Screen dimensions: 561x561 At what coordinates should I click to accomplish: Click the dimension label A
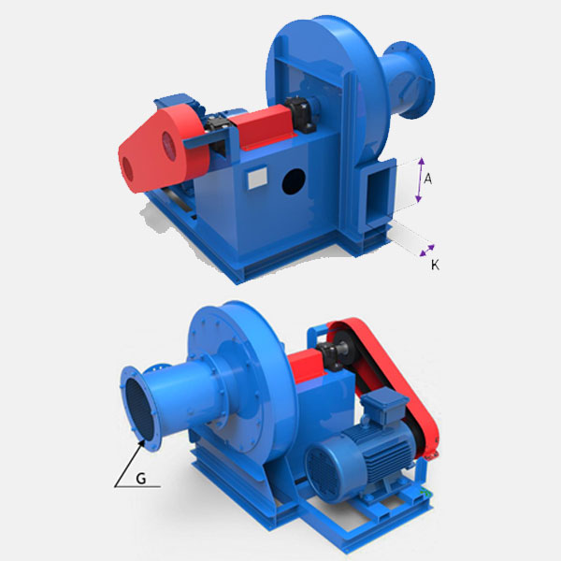(x=427, y=179)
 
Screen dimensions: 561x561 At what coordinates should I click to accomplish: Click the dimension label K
(x=435, y=266)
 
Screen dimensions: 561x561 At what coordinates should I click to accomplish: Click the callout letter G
(x=141, y=478)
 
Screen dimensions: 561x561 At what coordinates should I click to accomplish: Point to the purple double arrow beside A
(x=421, y=180)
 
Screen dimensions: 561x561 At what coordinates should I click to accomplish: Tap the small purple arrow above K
(x=427, y=251)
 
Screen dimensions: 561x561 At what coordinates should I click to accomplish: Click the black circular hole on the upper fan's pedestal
(x=294, y=181)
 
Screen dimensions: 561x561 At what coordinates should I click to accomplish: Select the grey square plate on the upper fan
(x=257, y=178)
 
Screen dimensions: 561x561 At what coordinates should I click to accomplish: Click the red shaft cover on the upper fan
(x=263, y=126)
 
